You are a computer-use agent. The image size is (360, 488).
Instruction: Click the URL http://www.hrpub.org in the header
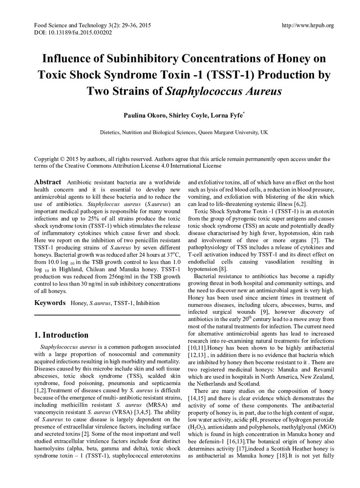pos(308,25)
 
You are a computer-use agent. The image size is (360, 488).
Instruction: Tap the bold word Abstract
pos(47,182)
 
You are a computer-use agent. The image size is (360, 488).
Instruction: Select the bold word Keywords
pos(50,303)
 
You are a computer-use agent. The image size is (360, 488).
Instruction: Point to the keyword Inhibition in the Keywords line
pos(148,303)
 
